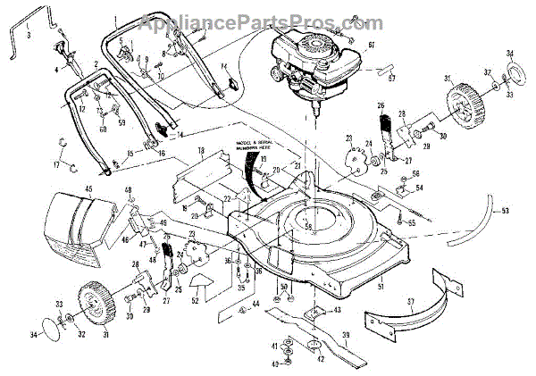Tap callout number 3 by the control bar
click(x=29, y=35)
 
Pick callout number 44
click(x=255, y=305)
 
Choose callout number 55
click(x=413, y=218)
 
